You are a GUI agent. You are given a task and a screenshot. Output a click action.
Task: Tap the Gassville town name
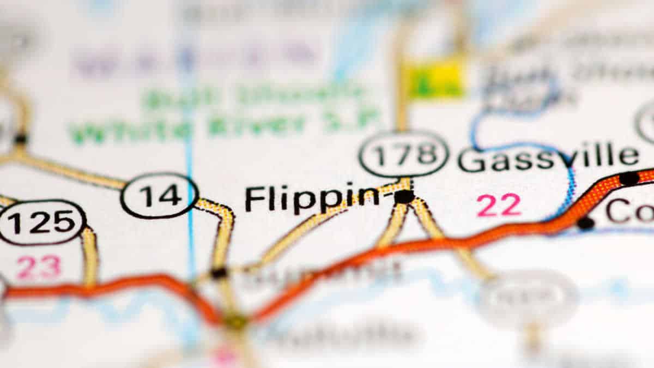548,158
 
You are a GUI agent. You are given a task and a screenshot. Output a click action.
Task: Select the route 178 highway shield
403,153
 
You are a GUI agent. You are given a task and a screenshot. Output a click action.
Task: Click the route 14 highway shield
159,195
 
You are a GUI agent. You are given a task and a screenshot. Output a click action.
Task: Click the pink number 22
499,206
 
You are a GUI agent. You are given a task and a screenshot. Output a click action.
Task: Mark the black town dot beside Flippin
404,196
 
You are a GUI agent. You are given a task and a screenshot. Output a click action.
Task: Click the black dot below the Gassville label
585,222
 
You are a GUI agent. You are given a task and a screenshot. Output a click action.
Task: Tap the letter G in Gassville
470,159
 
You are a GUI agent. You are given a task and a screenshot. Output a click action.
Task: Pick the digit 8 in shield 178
426,153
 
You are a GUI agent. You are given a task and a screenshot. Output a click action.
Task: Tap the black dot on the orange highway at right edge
629,178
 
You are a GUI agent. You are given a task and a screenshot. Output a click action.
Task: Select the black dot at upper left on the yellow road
21,138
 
